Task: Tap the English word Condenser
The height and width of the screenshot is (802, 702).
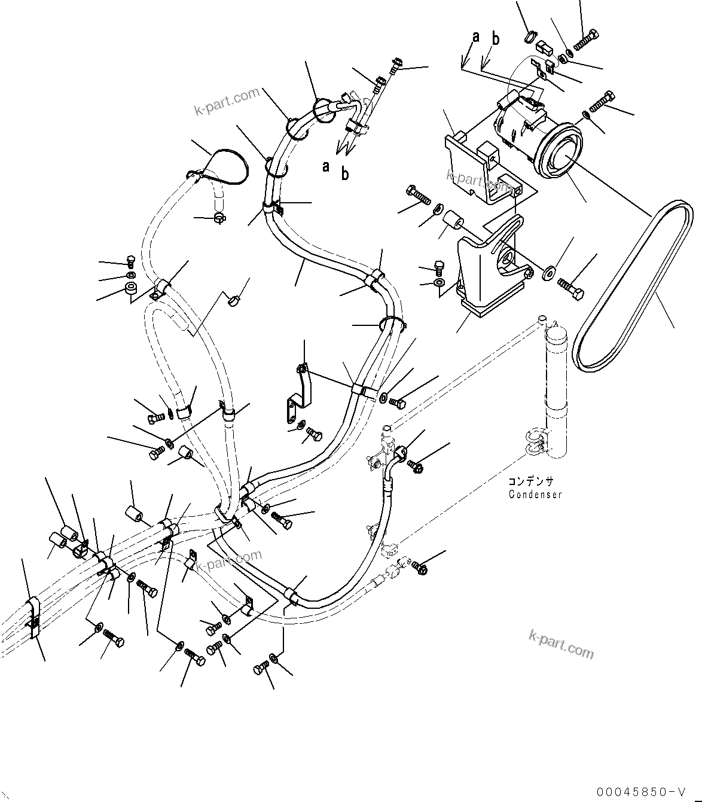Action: pyautogui.click(x=535, y=495)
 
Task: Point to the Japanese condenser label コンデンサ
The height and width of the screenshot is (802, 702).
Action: pyautogui.click(x=531, y=482)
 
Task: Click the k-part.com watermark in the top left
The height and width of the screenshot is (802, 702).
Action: pyautogui.click(x=227, y=101)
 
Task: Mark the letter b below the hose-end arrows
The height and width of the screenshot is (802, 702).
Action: pyautogui.click(x=345, y=174)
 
